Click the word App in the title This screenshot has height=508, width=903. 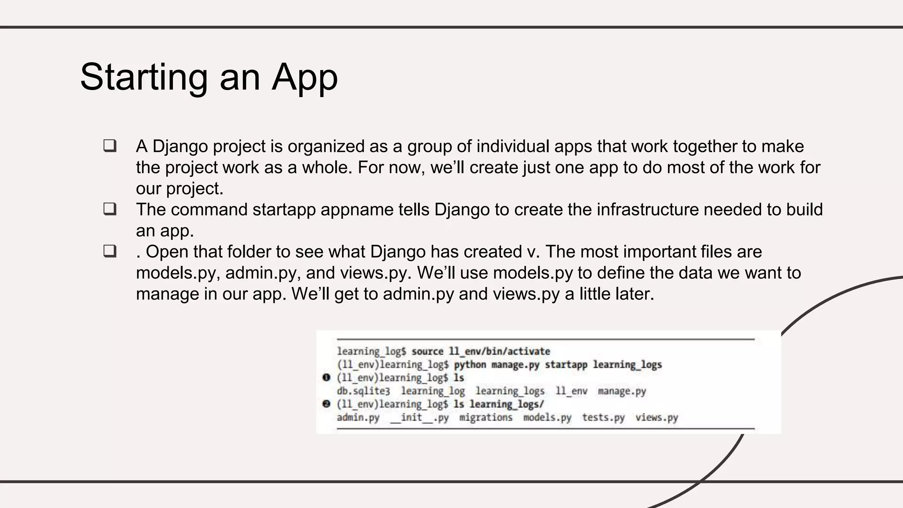pyautogui.click(x=304, y=78)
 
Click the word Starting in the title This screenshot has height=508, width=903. pyautogui.click(x=144, y=78)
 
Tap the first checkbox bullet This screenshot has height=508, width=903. pyautogui.click(x=110, y=146)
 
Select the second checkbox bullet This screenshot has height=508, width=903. pyautogui.click(x=110, y=209)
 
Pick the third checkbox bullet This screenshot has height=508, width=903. pyautogui.click(x=110, y=251)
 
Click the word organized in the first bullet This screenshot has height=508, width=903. pyautogui.click(x=326, y=146)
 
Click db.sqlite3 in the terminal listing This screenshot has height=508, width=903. pyautogui.click(x=363, y=391)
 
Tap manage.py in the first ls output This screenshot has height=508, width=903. pyautogui.click(x=622, y=391)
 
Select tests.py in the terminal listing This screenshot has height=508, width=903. pyautogui.click(x=603, y=418)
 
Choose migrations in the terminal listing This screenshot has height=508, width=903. pyautogui.click(x=485, y=418)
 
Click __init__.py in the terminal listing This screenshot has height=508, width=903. pyautogui.click(x=419, y=418)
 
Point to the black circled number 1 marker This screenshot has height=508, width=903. pyautogui.click(x=326, y=377)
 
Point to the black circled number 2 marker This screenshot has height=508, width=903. pyautogui.click(x=326, y=404)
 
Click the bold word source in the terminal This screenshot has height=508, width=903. pyautogui.click(x=427, y=351)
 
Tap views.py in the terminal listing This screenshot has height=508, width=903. pyautogui.click(x=657, y=418)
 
